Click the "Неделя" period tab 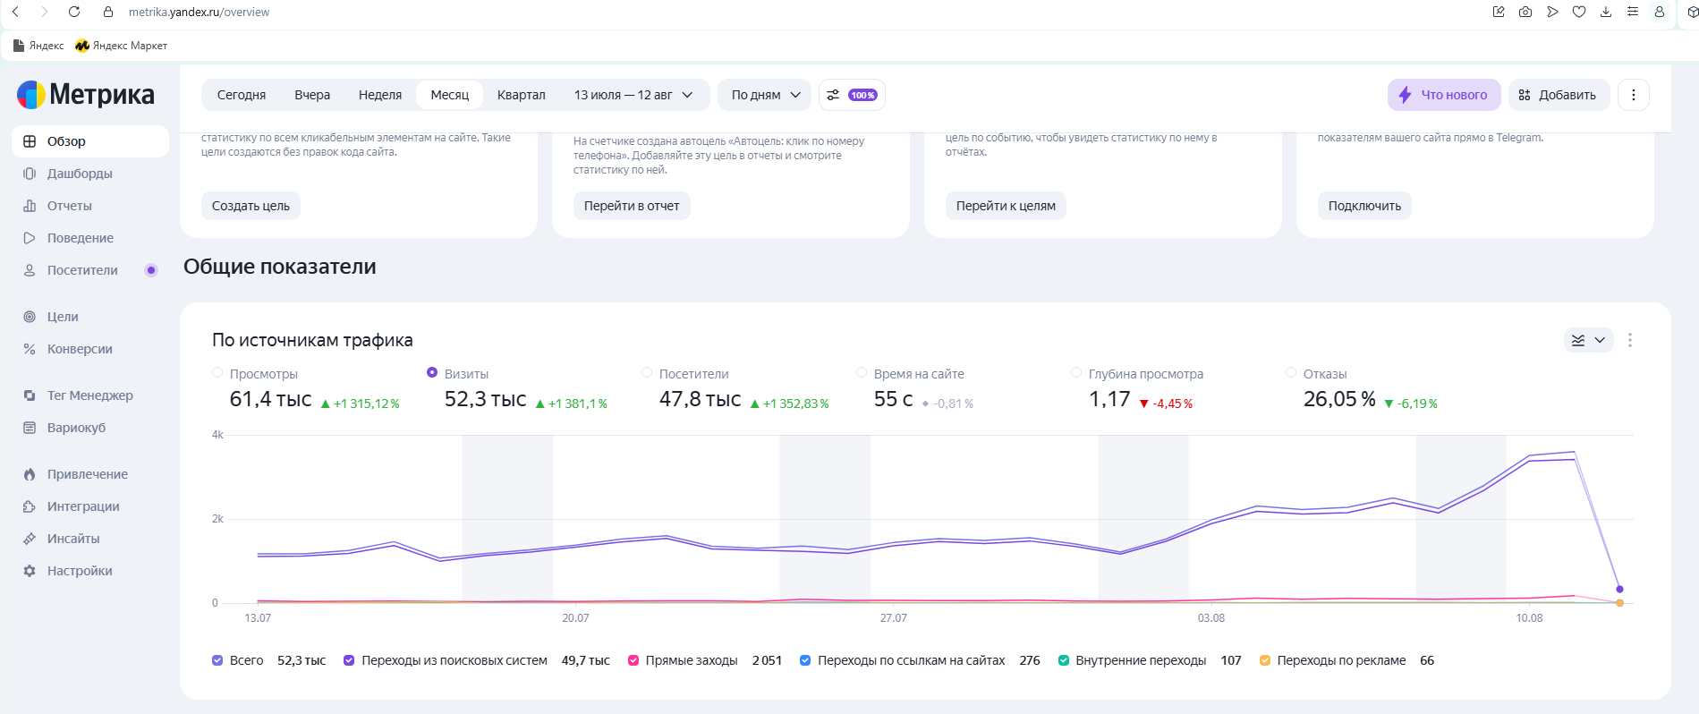coord(380,95)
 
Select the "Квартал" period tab coord(521,95)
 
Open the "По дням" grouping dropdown coord(765,95)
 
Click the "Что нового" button coord(1444,95)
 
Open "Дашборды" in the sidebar coord(80,174)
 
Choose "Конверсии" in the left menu coord(80,349)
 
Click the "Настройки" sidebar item coord(80,571)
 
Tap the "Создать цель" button coord(251,206)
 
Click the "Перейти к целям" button coord(1006,206)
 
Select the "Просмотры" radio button coord(217,372)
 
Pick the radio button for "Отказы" coord(1291,372)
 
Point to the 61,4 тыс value coord(270,399)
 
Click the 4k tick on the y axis coord(217,435)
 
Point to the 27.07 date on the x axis coord(893,618)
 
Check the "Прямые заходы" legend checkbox coord(633,660)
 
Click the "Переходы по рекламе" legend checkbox coord(1265,660)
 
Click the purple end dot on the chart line coord(1619,589)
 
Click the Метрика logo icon coord(31,95)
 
